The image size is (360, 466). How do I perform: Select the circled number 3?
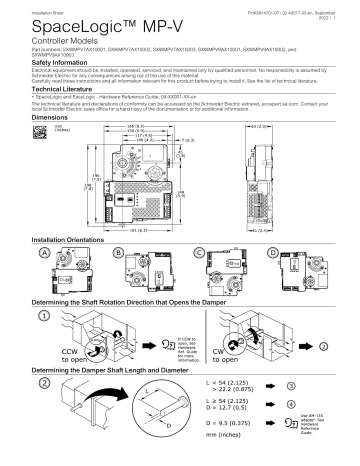coord(317,384)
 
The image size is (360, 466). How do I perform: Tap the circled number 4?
coord(317,404)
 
